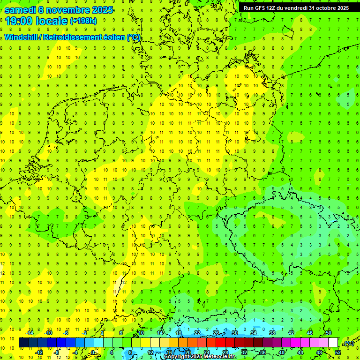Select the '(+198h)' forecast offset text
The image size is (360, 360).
point(83,21)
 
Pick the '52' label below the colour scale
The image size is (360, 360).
point(338,352)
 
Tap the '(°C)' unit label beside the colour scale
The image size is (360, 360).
point(348,343)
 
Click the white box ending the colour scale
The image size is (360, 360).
point(333,343)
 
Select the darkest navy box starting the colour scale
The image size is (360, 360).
point(23,343)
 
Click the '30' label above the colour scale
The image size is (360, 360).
point(234,332)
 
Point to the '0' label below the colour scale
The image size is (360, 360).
point(93,352)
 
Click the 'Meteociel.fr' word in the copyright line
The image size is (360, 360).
point(220,357)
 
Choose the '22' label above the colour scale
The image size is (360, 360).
point(197,332)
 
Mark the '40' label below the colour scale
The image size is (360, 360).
point(281,352)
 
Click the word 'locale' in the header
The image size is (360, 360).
point(51,21)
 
